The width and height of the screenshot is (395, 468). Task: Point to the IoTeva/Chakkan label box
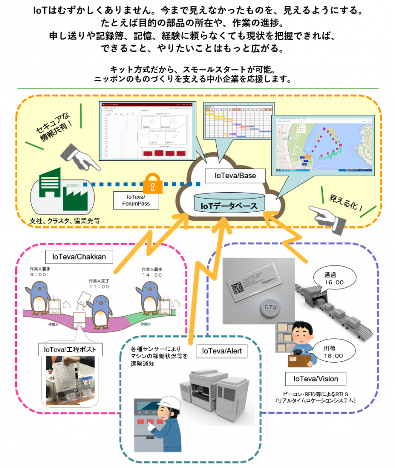(79, 257)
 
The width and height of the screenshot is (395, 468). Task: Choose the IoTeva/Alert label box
(222, 351)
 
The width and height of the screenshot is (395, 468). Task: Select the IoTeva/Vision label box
(315, 378)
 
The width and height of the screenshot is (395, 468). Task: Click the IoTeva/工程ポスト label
(70, 350)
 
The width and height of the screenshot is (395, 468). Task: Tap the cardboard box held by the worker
(300, 361)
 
